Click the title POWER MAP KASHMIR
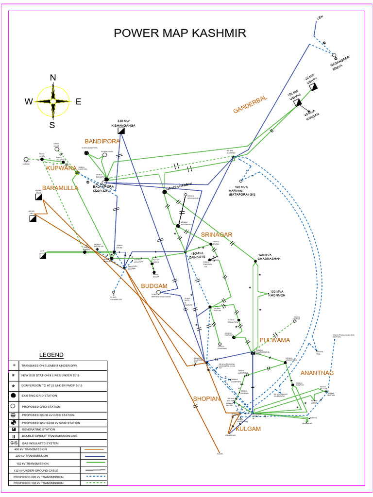180,33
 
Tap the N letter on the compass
53,78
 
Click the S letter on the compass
52,125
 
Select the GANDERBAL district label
250,105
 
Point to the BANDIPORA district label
102,141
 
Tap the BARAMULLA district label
60,188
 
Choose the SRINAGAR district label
217,235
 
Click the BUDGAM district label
154,286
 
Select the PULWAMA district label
274,340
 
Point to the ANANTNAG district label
317,373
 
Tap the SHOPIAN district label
207,398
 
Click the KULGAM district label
248,429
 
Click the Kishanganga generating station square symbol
123,131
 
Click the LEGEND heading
51,355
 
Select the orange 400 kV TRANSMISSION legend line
93,449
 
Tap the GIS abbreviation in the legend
14,443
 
